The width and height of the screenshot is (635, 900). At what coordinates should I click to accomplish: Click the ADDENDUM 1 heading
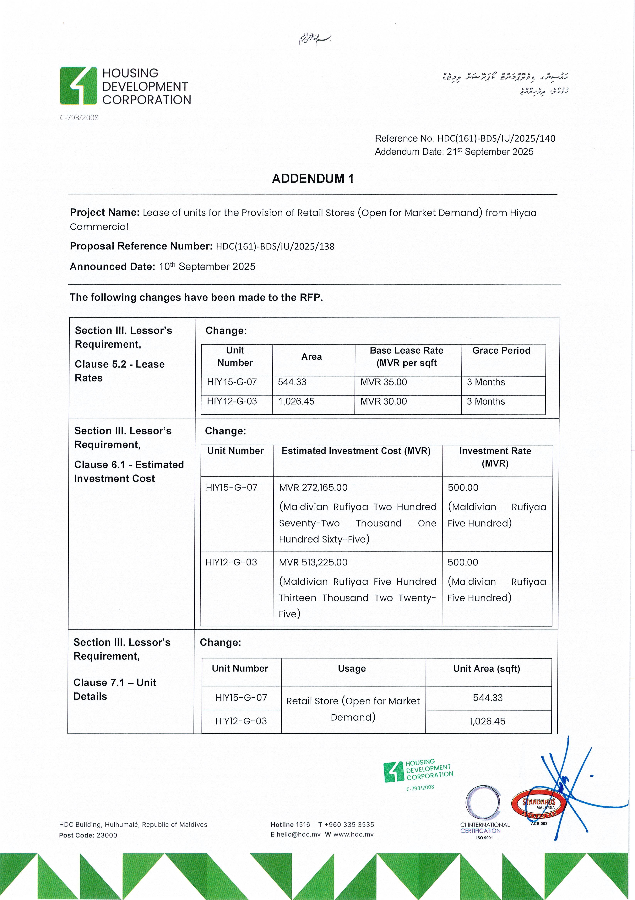tap(313, 179)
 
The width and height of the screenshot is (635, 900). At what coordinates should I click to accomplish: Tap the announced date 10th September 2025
tap(207, 267)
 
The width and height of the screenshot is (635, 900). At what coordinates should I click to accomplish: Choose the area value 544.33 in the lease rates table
tap(292, 382)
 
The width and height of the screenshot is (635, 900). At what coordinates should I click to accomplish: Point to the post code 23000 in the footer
tap(107, 835)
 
